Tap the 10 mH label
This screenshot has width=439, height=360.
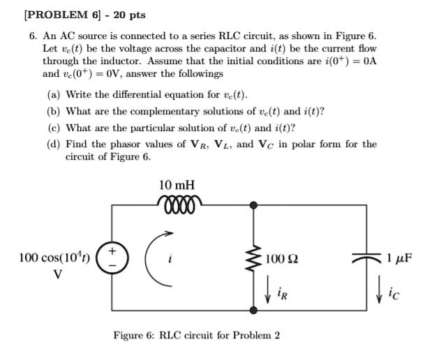(x=177, y=186)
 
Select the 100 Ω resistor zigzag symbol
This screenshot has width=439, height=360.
(x=253, y=257)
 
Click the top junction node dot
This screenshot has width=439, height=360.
(x=253, y=205)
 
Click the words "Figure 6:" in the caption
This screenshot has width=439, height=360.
(x=135, y=335)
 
